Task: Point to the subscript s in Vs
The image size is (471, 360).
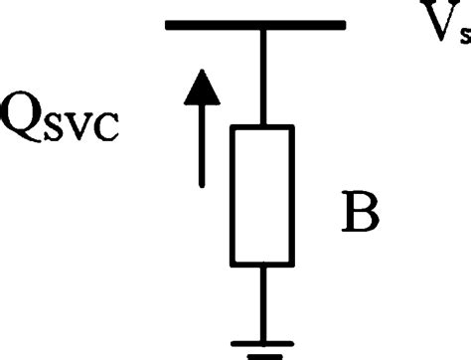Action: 464,38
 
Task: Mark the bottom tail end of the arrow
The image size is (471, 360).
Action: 203,184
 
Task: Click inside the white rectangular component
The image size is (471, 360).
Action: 262,196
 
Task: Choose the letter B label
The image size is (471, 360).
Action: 355,213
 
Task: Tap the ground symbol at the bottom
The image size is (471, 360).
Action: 262,347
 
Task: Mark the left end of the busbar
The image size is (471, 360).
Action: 169,25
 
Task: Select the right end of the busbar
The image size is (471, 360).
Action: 343,25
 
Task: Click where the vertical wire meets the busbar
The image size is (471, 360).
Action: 262,26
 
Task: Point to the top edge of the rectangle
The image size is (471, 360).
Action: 262,127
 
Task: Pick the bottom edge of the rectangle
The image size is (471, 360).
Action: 262,266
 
